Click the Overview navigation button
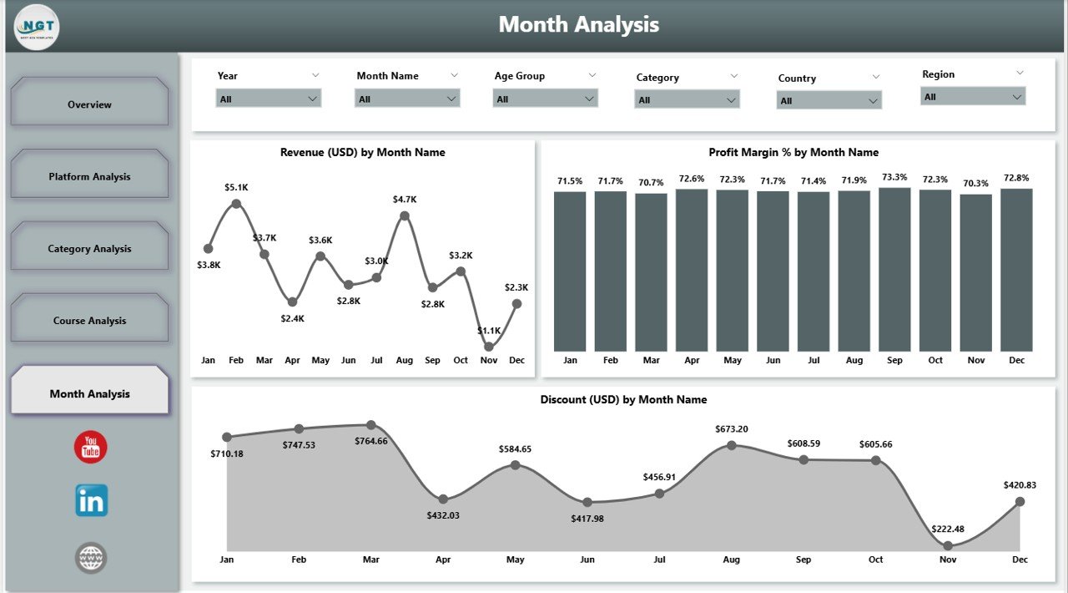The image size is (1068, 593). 89,104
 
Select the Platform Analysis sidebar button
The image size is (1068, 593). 89,176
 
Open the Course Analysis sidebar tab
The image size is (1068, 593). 89,321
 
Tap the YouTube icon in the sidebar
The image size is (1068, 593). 90,448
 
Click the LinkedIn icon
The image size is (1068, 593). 91,501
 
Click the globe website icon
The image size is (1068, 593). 91,557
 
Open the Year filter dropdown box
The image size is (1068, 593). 268,99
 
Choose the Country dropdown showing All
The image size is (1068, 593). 829,101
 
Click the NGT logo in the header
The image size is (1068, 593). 37,27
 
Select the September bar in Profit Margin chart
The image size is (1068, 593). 894,269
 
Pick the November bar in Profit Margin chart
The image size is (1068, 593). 975,272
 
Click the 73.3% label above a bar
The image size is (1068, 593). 894,177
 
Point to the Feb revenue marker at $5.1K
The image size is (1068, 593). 236,203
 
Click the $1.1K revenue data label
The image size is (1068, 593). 490,331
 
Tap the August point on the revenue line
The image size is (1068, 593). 405,215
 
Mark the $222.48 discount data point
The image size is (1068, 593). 948,545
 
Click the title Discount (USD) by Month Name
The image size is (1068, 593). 623,399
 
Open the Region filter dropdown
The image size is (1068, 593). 972,97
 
